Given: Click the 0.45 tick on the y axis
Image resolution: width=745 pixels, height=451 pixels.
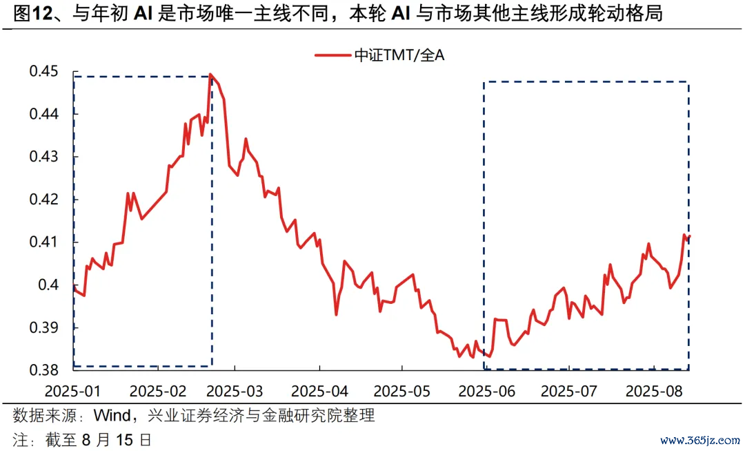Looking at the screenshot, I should (43, 71).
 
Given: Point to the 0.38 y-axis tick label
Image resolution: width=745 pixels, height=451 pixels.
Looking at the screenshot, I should (43, 370).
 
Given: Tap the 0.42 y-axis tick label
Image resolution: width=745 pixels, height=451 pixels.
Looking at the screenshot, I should (43, 200).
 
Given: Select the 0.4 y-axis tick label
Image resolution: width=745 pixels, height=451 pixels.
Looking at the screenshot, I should (48, 285).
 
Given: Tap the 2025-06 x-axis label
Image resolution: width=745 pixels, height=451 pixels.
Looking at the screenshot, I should (487, 391).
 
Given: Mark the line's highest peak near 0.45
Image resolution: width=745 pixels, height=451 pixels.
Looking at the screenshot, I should (210, 74).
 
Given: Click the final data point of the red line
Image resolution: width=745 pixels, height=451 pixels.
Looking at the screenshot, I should (689, 237).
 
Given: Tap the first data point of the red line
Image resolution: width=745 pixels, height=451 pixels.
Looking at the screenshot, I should (73, 285).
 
